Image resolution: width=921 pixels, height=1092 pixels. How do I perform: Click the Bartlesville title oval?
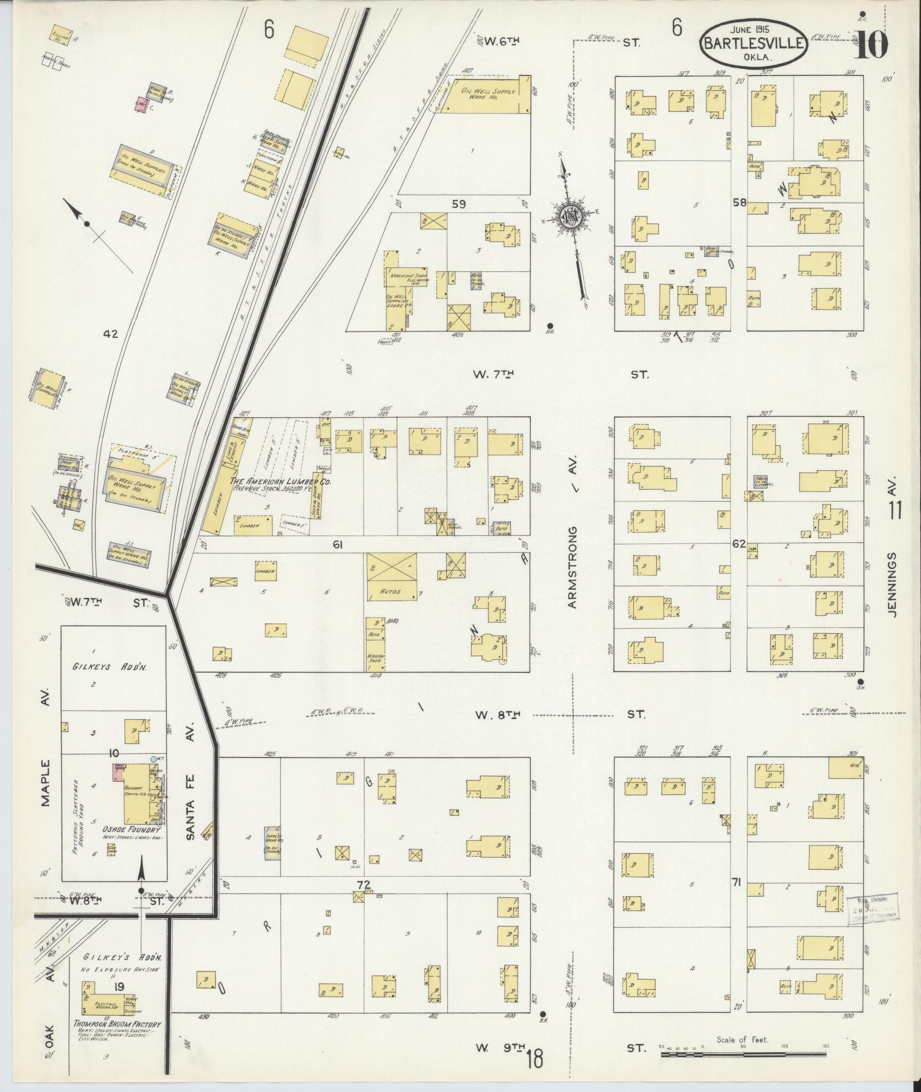tap(755, 44)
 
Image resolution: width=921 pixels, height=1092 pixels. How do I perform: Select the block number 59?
tap(459, 204)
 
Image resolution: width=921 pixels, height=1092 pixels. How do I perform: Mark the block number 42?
tap(110, 334)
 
